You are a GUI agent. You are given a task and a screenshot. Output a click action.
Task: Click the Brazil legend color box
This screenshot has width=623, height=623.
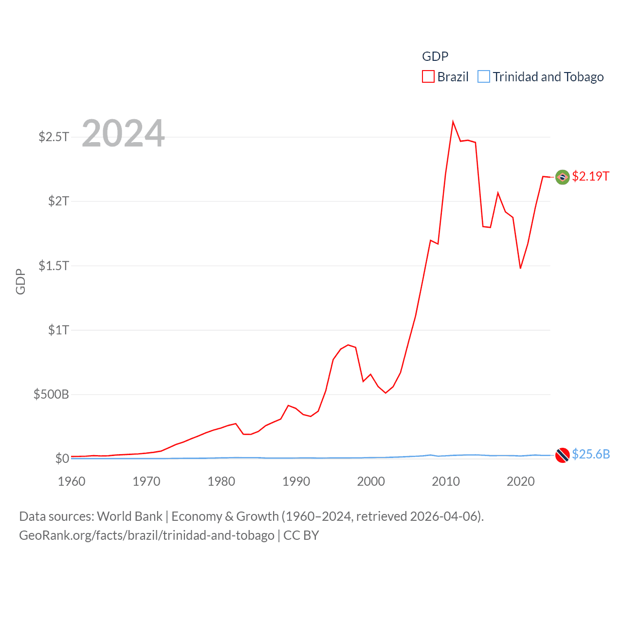coord(428,77)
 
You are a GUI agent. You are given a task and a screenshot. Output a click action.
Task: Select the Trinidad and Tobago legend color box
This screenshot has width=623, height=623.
coord(484,77)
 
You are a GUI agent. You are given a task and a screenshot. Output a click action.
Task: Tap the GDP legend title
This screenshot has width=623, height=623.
coord(435,56)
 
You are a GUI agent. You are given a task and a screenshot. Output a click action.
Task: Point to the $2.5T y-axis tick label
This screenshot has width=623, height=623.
coord(54,137)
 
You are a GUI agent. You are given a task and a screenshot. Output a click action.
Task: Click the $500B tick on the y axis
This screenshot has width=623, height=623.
coord(51,394)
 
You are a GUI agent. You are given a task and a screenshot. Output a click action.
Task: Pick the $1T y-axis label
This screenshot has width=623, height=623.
coord(58,330)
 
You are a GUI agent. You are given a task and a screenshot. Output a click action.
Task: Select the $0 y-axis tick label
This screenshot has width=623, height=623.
coord(62,458)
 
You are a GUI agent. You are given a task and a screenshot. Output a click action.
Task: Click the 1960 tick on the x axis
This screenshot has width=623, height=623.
coord(72,481)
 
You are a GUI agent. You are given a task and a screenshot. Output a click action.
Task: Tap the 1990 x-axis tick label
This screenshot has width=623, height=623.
coord(296,481)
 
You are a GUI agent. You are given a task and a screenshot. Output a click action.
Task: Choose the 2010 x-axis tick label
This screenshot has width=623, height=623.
coord(446,481)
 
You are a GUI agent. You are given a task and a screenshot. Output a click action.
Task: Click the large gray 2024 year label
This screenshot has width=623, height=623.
coord(123,133)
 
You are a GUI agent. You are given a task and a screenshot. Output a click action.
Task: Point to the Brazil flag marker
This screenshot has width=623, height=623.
coord(563,177)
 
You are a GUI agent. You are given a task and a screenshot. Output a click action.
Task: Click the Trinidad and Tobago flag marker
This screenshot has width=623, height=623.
coord(563,455)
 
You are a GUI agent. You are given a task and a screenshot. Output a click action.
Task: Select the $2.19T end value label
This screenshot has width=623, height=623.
coord(590,176)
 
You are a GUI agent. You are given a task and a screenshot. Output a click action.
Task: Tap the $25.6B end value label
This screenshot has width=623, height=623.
coord(591,454)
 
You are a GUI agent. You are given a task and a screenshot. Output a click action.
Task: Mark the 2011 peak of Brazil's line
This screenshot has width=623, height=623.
coord(453,122)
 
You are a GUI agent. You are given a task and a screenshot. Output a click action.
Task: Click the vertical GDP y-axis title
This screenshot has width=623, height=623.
coord(20,281)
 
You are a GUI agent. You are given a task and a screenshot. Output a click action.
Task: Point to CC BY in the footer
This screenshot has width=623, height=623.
coord(301,535)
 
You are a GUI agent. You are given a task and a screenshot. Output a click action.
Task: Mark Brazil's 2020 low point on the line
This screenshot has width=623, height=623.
coord(520,268)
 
